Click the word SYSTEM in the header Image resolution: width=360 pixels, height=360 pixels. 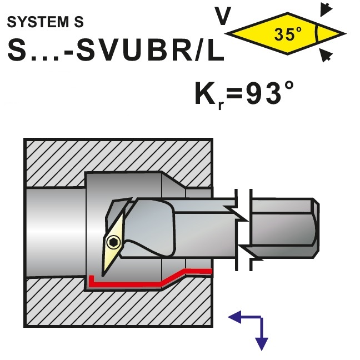(x=38, y=22)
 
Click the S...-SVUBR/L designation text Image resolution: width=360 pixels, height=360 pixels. (x=116, y=50)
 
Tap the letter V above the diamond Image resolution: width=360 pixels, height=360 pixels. (x=222, y=16)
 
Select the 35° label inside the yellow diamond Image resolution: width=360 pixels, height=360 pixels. (x=287, y=34)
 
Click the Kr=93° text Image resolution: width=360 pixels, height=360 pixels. (x=244, y=94)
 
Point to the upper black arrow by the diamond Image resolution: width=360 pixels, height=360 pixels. (x=326, y=9)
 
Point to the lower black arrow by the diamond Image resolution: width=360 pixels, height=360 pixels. (x=326, y=55)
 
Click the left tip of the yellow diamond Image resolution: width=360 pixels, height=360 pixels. (x=225, y=34)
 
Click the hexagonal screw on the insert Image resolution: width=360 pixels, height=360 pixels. (x=114, y=242)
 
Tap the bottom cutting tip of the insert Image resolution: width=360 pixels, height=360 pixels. (x=103, y=276)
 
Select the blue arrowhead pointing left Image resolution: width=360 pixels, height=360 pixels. (x=234, y=317)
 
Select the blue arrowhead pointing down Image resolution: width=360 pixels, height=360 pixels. (x=262, y=344)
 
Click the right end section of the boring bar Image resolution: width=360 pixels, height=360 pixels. (x=284, y=228)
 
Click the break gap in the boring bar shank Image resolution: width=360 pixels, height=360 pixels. (x=244, y=229)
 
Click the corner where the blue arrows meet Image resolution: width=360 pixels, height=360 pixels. (x=261, y=317)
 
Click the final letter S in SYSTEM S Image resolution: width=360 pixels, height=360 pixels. (x=79, y=22)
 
